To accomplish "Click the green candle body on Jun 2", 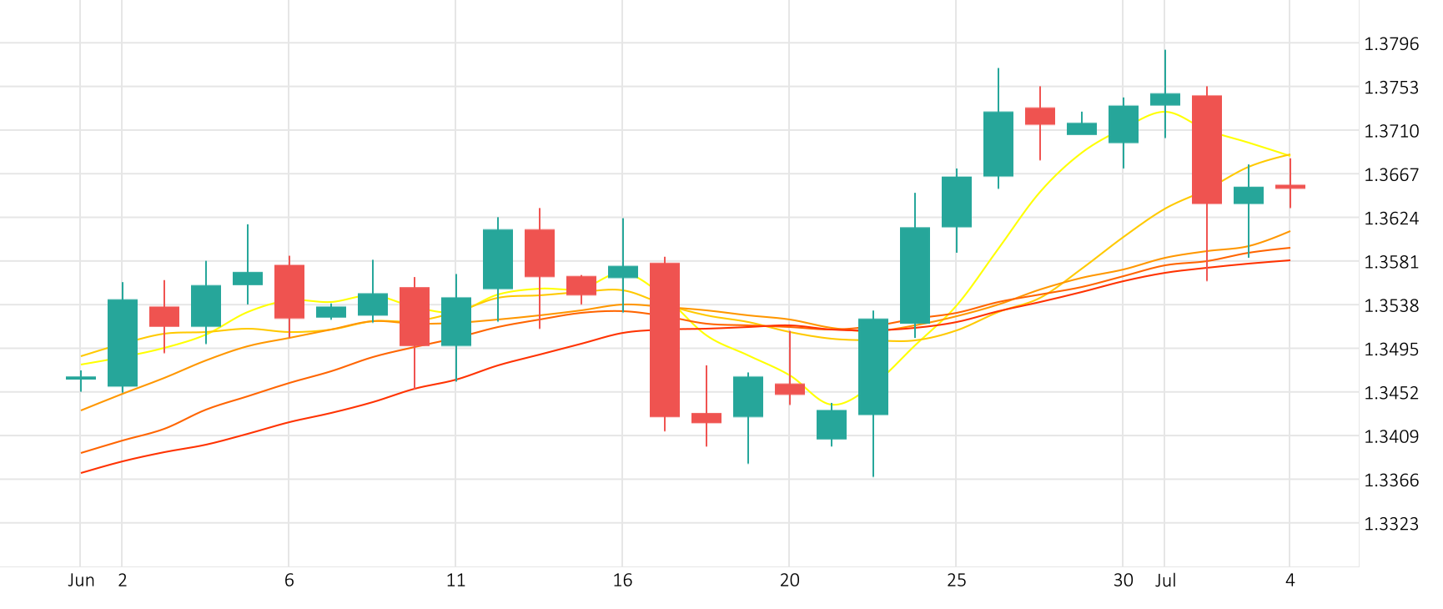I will pos(123,342).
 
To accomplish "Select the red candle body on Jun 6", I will pos(289,291).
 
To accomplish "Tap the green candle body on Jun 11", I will pos(456,321).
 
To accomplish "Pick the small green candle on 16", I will pos(623,272).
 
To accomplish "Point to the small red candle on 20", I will pos(790,389).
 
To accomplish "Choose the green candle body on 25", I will pos(957,202).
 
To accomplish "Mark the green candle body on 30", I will pos(1124,124).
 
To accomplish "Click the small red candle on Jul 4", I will pos(1290,187).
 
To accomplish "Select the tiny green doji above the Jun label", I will pos(81,378).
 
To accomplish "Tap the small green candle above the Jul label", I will pos(1165,99).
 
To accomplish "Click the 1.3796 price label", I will pos(1390,44).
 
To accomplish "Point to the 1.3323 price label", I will pos(1390,524).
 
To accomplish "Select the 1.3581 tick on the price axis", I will pos(1390,262).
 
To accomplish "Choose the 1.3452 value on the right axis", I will pos(1390,393).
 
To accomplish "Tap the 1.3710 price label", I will pos(1390,131).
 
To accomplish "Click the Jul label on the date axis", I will pos(1165,581).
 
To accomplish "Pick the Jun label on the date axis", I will pos(81,581).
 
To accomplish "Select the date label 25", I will pos(957,581).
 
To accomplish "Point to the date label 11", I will pos(456,581).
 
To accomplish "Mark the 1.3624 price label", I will pos(1390,219).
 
